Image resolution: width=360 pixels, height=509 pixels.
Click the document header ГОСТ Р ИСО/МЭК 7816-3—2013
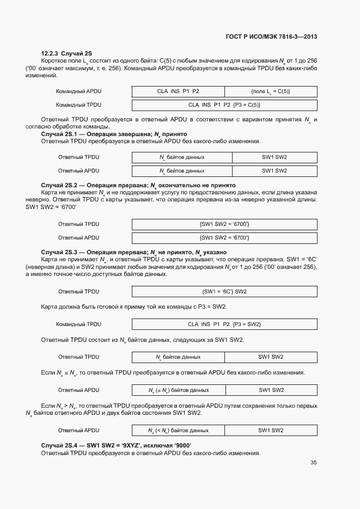click(271, 36)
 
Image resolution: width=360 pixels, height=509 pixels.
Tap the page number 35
click(313, 463)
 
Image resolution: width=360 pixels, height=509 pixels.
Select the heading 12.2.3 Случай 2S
click(62, 53)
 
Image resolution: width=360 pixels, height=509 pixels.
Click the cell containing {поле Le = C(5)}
click(270, 91)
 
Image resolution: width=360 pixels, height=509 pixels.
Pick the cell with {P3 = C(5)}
click(224, 105)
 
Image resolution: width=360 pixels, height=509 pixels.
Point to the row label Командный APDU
click(78, 91)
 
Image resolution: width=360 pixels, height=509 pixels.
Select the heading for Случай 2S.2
click(138, 185)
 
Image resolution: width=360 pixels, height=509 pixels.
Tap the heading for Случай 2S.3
click(133, 253)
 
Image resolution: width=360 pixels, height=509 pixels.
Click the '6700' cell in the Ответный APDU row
click(224, 237)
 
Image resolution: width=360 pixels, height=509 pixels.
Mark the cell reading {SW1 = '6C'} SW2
click(224, 291)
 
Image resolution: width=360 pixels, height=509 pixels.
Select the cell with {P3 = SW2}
click(224, 324)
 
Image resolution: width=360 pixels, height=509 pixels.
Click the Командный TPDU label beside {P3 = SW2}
click(78, 324)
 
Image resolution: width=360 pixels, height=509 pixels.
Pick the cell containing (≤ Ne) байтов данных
click(179, 390)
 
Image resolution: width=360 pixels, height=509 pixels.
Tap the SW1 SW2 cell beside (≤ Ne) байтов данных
click(271, 390)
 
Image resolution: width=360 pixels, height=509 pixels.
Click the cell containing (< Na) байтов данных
click(179, 431)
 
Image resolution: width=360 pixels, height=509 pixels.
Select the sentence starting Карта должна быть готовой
click(134, 307)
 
